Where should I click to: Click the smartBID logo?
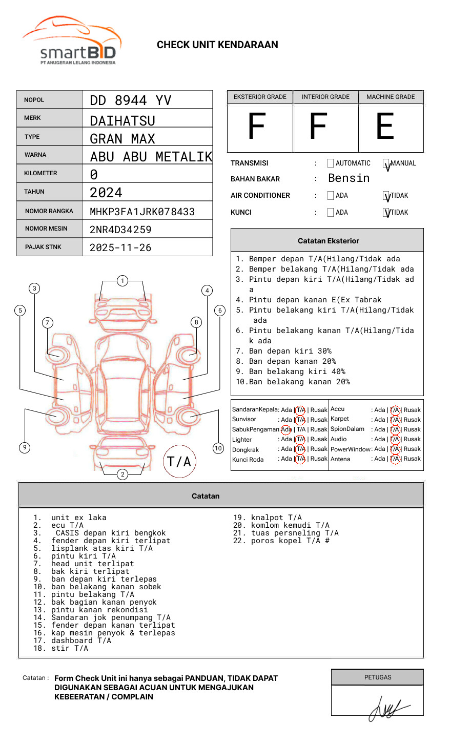pyautogui.click(x=72, y=41)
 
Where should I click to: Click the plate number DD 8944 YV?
pyautogui.click(x=130, y=100)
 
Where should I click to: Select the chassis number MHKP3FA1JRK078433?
pyautogui.click(x=142, y=212)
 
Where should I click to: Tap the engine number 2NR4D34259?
pyautogui.click(x=120, y=230)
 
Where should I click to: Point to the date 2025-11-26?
pyautogui.click(x=120, y=247)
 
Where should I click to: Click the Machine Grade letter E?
pyautogui.click(x=385, y=127)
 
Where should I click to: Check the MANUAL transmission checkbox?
pyautogui.click(x=386, y=163)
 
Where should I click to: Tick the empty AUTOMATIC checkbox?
pyautogui.click(x=331, y=163)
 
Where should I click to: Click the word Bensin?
pyautogui.click(x=349, y=178)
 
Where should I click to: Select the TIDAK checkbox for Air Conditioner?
pyautogui.click(x=386, y=196)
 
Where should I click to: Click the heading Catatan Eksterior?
pyautogui.click(x=328, y=241)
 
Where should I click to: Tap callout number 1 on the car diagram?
pyautogui.click(x=122, y=281)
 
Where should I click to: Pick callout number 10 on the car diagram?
pyautogui.click(x=218, y=448)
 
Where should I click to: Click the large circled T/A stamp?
pyautogui.click(x=179, y=462)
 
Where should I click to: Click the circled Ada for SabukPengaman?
pyautogui.click(x=286, y=429)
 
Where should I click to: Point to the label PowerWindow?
pyautogui.click(x=351, y=449)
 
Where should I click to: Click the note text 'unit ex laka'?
pyautogui.click(x=79, y=518)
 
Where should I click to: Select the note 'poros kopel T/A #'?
pyautogui.click(x=290, y=541)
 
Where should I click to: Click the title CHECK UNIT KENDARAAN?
pyautogui.click(x=217, y=45)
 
